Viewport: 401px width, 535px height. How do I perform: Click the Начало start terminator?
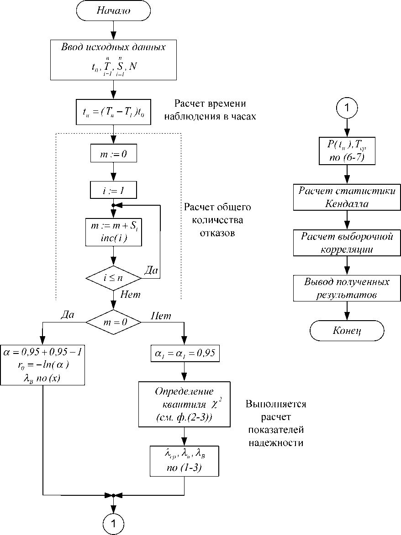pos(113,11)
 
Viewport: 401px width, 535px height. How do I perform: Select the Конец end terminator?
pos(347,331)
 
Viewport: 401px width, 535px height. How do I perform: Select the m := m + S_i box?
pos(113,233)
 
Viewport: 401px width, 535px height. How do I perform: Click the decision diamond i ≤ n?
pos(113,277)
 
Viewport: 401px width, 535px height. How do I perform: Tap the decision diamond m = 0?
pos(113,322)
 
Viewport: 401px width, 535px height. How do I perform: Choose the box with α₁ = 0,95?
pos(184,353)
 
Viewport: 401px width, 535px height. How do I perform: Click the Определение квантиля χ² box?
pos(184,404)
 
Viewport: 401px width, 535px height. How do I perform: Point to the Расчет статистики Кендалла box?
pos(347,197)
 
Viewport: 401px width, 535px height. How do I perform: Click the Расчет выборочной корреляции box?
pos(347,243)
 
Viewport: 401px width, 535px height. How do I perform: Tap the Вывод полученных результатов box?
pos(347,288)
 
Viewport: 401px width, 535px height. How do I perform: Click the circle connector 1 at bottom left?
pos(113,522)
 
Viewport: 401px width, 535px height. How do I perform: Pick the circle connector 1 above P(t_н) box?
pos(347,109)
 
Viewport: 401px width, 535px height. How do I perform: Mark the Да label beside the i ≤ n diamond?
pos(150,271)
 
